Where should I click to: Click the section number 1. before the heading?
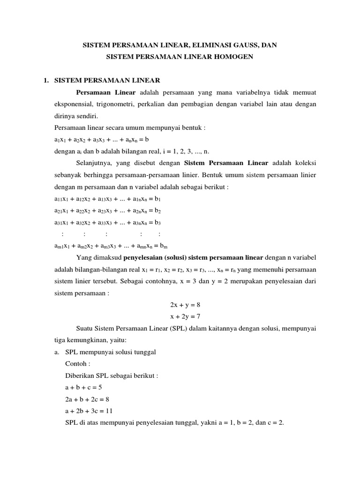point(46,80)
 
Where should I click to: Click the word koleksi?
point(304,163)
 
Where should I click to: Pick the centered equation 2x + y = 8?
point(185,305)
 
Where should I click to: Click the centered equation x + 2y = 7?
point(185,316)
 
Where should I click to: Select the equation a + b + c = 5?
point(84,387)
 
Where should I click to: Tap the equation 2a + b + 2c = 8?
point(88,399)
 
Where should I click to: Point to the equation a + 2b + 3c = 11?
point(90,411)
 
